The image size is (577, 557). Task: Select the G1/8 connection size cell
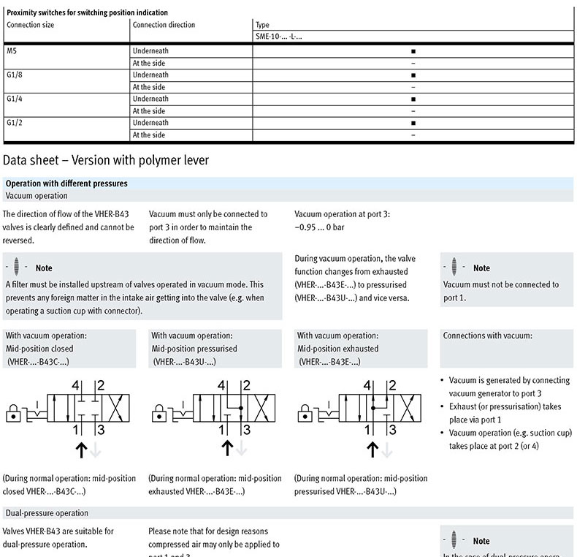15,75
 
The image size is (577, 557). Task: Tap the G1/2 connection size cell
15,123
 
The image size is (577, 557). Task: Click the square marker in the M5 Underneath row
413,51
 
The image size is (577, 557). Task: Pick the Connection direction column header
164,25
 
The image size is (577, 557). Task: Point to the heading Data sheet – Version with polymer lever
106,159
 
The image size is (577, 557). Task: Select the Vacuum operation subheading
37,196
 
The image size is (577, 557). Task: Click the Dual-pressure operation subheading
47,513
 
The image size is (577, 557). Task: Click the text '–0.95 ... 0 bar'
323,227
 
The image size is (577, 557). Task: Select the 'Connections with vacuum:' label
487,336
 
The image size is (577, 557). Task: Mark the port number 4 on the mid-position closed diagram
75,385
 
